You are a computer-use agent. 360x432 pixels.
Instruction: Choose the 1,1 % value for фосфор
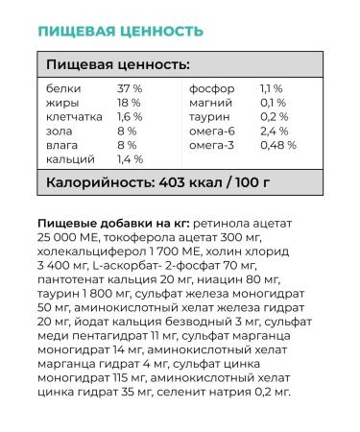273,88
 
